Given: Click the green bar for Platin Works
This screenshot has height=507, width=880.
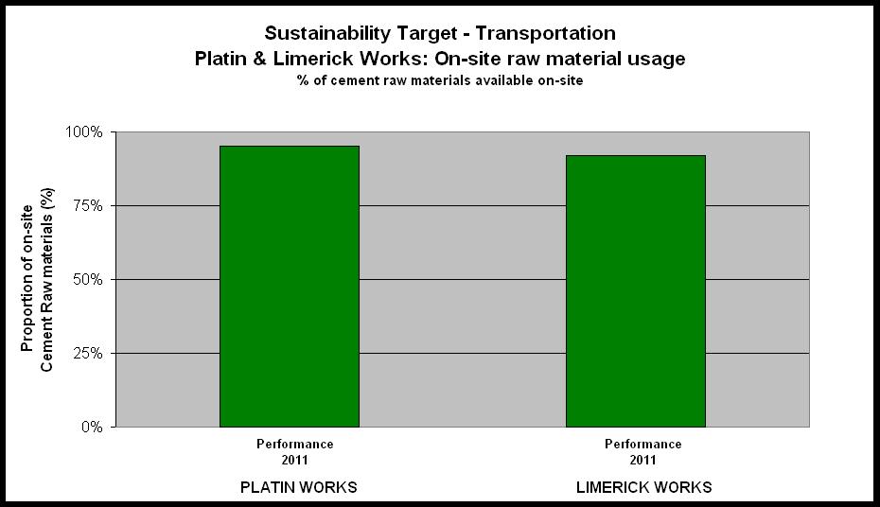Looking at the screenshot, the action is point(289,286).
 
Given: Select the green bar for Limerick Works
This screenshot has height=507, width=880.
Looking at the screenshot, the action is point(635,291).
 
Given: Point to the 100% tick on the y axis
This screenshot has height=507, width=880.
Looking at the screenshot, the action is point(84,132).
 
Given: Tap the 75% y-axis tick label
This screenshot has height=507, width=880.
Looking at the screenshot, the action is point(88,206).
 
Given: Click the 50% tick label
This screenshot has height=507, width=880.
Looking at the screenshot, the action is point(88,279).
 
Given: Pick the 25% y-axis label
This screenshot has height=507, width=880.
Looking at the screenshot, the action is point(88,354).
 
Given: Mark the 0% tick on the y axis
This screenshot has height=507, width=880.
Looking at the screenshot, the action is point(92,428).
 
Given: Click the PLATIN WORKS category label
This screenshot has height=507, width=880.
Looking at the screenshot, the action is point(299,487).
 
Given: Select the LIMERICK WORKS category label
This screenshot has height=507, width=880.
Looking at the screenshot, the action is point(644,487).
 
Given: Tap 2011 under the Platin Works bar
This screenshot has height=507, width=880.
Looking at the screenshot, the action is point(294,461).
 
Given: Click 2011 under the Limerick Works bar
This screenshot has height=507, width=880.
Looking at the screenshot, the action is point(642,461).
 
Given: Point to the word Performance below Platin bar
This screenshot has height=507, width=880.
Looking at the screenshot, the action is point(294,445).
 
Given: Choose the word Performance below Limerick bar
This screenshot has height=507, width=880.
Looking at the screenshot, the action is point(643,445).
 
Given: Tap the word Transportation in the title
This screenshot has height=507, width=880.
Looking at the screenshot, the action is point(546,34).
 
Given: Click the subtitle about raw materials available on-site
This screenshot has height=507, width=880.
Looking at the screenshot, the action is point(440,80).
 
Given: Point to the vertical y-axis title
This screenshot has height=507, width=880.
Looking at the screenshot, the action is point(37,279).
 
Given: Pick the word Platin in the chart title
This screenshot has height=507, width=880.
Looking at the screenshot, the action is point(220,59).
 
